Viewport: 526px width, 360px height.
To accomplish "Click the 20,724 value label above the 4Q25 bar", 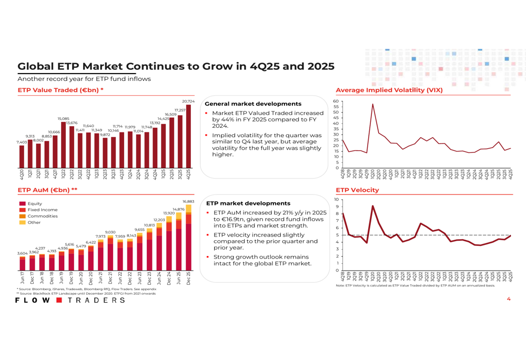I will [x=188, y=101].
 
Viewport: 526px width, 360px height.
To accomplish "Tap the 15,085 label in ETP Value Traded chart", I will [x=63, y=119].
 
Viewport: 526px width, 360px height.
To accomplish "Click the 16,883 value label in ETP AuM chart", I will [x=188, y=201].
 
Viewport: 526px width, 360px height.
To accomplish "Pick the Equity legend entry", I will [x=35, y=203].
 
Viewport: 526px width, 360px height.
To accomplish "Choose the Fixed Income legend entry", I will [x=42, y=210].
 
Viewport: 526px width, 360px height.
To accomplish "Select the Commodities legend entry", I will [x=42, y=216].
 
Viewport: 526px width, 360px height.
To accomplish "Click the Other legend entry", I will [x=34, y=222].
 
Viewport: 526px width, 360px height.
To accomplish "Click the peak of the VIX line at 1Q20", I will [x=373, y=104].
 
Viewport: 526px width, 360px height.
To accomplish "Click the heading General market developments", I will [x=252, y=104].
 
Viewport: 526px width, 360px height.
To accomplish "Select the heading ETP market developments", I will [x=248, y=203].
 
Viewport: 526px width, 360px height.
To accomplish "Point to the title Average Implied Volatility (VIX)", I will [x=389, y=90].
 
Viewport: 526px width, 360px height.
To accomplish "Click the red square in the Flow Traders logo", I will [x=59, y=300].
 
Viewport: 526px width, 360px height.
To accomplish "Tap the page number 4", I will [x=508, y=299].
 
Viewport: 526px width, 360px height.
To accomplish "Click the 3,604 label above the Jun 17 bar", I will [x=22, y=253].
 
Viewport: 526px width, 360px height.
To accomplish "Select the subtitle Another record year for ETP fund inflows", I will [x=84, y=79].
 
